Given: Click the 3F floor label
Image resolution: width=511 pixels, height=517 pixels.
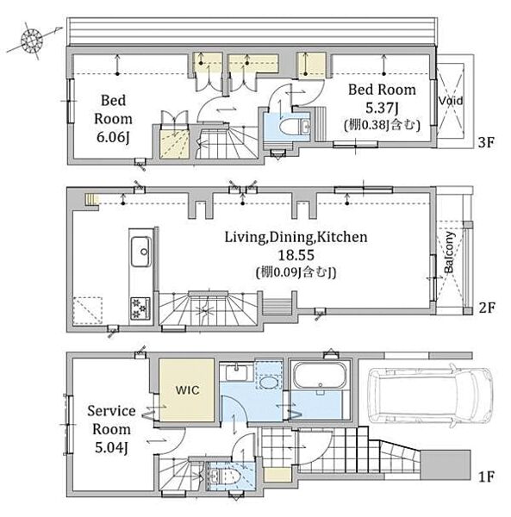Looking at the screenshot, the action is pos(486,142).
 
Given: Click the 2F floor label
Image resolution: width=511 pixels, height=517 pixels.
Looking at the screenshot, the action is pos(487,308).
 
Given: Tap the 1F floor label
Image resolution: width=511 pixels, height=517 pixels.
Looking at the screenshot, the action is pos(486,477).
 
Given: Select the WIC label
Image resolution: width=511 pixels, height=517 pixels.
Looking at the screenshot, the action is pos(187,390).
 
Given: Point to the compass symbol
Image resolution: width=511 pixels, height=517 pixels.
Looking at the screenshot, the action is pos(32,40).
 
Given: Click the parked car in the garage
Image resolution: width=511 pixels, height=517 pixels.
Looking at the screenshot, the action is pos(430,396).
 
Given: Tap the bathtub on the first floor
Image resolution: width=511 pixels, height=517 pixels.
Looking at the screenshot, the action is pos(320,377).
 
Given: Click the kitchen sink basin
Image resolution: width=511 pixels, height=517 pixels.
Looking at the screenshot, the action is pos(141,252).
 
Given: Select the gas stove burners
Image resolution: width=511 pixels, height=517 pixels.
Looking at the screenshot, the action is pos(140,308).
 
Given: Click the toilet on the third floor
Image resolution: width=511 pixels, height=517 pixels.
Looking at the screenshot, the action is pos(295,127).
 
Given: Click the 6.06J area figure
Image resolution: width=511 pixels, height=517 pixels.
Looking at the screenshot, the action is pos(112,138).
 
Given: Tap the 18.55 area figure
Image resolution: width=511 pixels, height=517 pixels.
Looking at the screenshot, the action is pos(296,255).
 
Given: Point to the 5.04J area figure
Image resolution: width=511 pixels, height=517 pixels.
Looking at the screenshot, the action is pos(111,447).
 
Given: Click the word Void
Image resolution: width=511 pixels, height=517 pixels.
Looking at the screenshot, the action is pos(451,101).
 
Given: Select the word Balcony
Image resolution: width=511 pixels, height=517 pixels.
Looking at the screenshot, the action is pos(449,252).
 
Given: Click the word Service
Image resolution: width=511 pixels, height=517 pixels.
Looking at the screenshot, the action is pos(111,411).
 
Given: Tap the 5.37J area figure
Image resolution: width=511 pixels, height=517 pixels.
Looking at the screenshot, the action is pos(383,108).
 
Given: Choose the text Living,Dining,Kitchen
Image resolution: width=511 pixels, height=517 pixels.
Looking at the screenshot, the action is pos(296,237).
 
